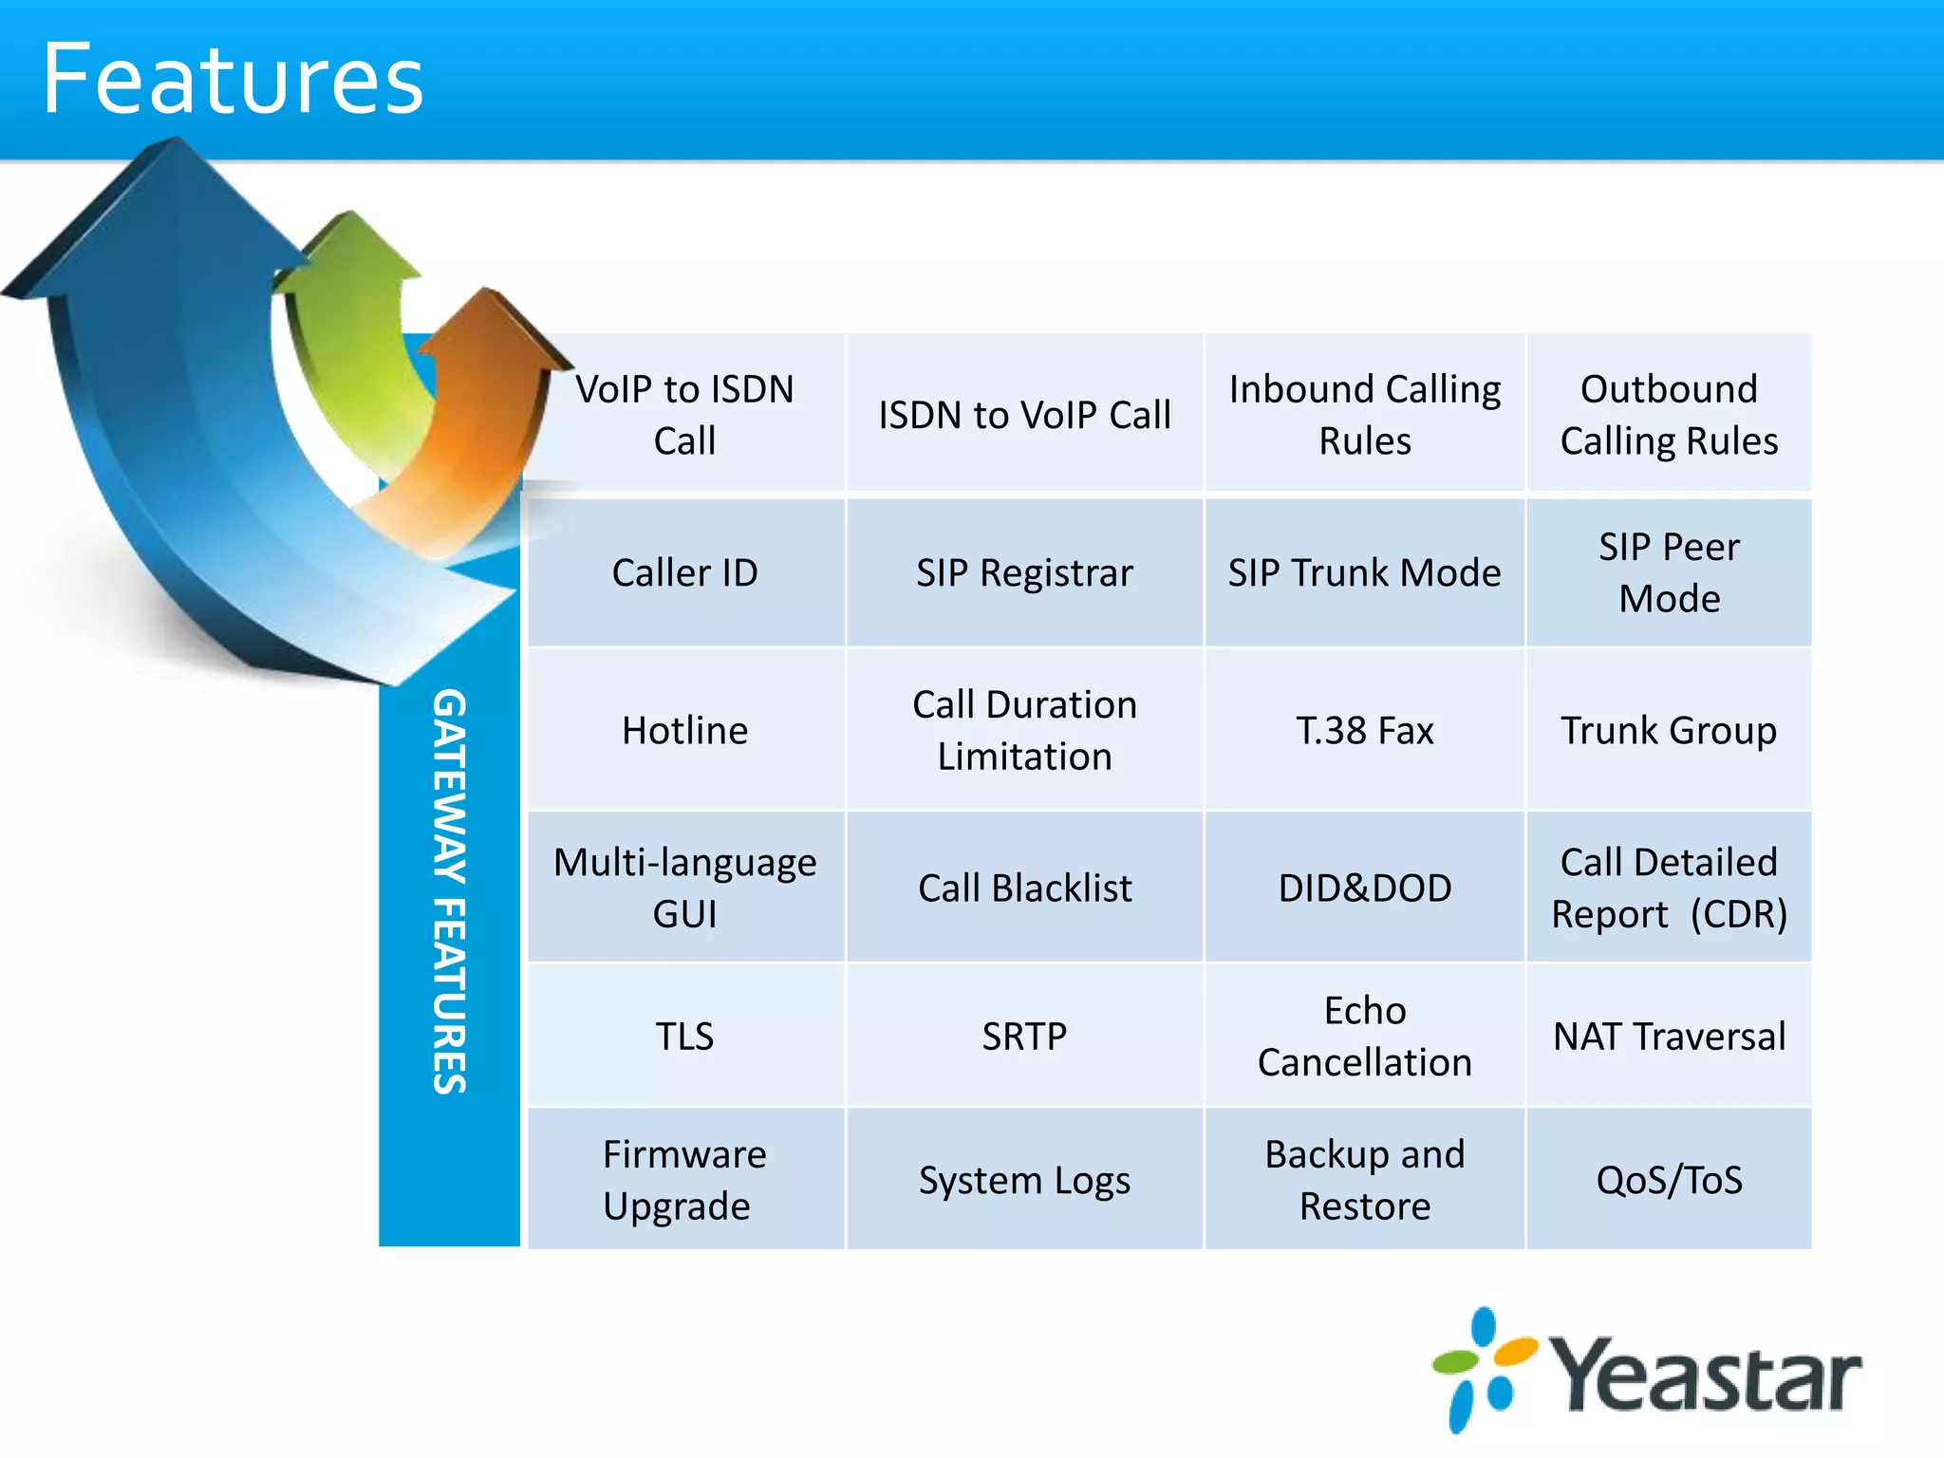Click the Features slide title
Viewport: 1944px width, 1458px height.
click(x=233, y=80)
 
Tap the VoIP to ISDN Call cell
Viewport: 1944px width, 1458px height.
click(x=684, y=415)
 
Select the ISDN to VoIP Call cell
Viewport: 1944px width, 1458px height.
click(x=1024, y=415)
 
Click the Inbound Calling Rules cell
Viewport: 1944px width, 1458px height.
click(x=1364, y=415)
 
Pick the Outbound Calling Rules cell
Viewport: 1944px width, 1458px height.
click(x=1668, y=415)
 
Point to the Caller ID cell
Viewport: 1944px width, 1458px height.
click(x=684, y=572)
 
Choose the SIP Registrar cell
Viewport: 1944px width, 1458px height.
click(x=1024, y=572)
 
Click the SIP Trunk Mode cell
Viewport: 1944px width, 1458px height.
click(x=1364, y=572)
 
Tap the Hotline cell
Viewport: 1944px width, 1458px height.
click(x=684, y=730)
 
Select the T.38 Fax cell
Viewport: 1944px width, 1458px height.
click(x=1364, y=730)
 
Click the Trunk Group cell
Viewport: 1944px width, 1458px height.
click(x=1668, y=730)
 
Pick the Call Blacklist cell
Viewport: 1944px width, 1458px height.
click(x=1024, y=888)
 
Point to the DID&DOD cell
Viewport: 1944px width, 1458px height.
click(x=1364, y=888)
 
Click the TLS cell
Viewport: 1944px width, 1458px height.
click(x=684, y=1036)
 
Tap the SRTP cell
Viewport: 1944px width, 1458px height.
click(x=1024, y=1036)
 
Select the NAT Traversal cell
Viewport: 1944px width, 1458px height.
click(x=1668, y=1036)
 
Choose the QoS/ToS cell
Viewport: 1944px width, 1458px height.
click(x=1668, y=1180)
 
